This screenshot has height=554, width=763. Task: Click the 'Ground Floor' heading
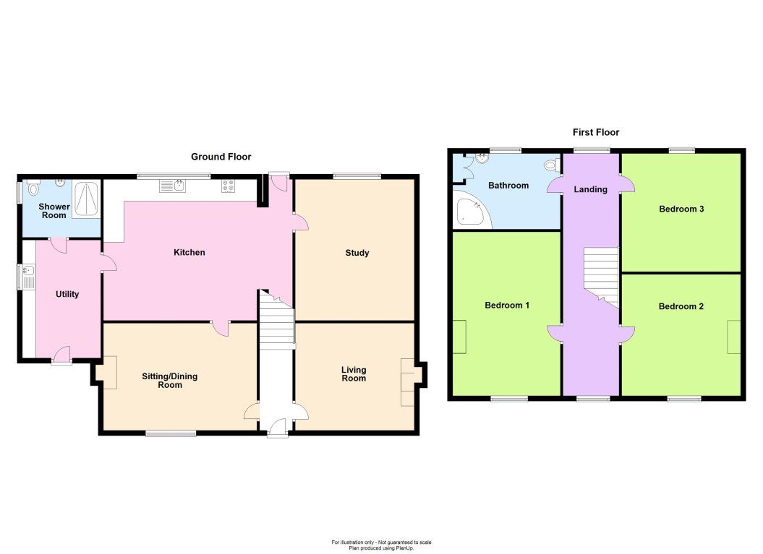[x=221, y=157]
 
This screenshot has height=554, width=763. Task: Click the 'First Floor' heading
[x=595, y=132]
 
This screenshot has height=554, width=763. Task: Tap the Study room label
[x=357, y=253]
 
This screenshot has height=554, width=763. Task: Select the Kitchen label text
[x=189, y=253]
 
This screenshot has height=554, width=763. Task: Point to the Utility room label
[x=67, y=295]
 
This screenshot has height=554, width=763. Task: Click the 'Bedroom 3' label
[x=681, y=209]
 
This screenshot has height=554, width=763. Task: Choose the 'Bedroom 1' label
[x=507, y=306]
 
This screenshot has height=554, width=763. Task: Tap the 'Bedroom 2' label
[x=681, y=306]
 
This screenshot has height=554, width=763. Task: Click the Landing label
[x=590, y=190]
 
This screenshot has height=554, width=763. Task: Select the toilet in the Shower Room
[x=32, y=189]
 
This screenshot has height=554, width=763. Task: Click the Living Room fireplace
[x=408, y=382]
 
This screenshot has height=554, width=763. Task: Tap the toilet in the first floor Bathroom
[x=553, y=165]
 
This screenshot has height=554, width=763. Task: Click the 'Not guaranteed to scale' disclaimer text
[x=381, y=542]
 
